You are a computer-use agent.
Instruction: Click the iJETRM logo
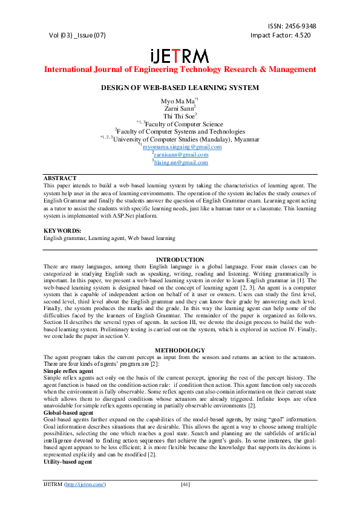point(180,55)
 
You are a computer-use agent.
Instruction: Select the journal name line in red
point(180,70)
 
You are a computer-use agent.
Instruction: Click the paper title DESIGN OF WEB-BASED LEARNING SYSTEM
point(180,88)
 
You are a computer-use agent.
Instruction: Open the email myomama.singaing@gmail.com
point(182,147)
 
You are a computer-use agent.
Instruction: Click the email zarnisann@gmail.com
point(181,155)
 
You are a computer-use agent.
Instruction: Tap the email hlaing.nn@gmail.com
point(181,162)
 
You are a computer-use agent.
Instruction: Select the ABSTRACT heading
point(60,178)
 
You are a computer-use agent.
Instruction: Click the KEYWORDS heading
point(62,231)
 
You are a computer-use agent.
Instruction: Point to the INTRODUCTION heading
point(180,259)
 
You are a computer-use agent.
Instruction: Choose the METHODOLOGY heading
point(180,350)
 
